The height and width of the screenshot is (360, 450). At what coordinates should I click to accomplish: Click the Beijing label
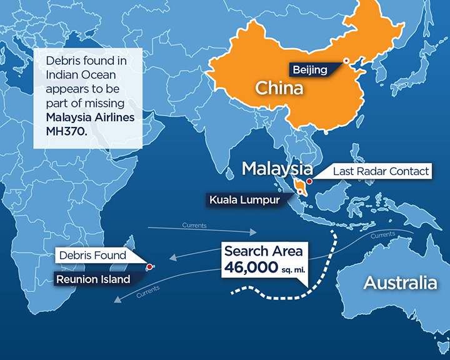310,69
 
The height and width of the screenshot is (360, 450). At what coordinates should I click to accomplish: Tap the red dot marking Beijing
345,61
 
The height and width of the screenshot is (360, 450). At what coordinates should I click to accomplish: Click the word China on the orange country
279,87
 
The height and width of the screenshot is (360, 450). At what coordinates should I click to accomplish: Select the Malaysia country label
277,169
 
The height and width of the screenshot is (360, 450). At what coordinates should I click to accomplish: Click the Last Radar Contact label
381,171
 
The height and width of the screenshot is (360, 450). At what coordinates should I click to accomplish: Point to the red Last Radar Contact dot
309,181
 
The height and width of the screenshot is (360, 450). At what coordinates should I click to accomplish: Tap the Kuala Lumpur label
243,201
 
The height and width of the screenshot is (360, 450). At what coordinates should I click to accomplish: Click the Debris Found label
93,255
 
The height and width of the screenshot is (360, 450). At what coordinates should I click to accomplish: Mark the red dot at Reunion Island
149,267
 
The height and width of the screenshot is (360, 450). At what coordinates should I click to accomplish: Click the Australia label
400,282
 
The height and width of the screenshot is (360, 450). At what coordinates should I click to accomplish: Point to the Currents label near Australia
382,236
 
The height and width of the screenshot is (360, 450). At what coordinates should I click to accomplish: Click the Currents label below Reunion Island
147,290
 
